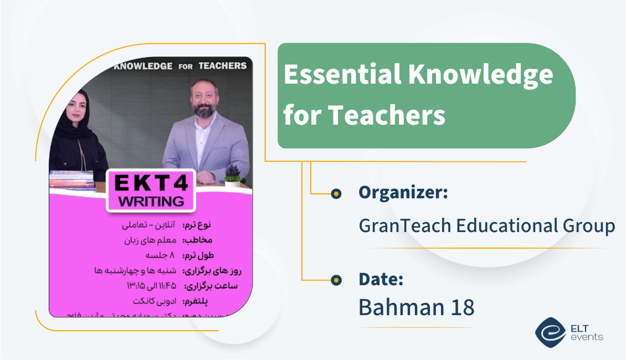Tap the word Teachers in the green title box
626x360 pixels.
click(387, 115)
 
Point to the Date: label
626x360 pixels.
click(381, 279)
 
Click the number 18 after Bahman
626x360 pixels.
click(461, 307)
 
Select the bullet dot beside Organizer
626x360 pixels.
click(335, 193)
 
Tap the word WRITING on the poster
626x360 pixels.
click(151, 200)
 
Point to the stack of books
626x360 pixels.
click(72, 180)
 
